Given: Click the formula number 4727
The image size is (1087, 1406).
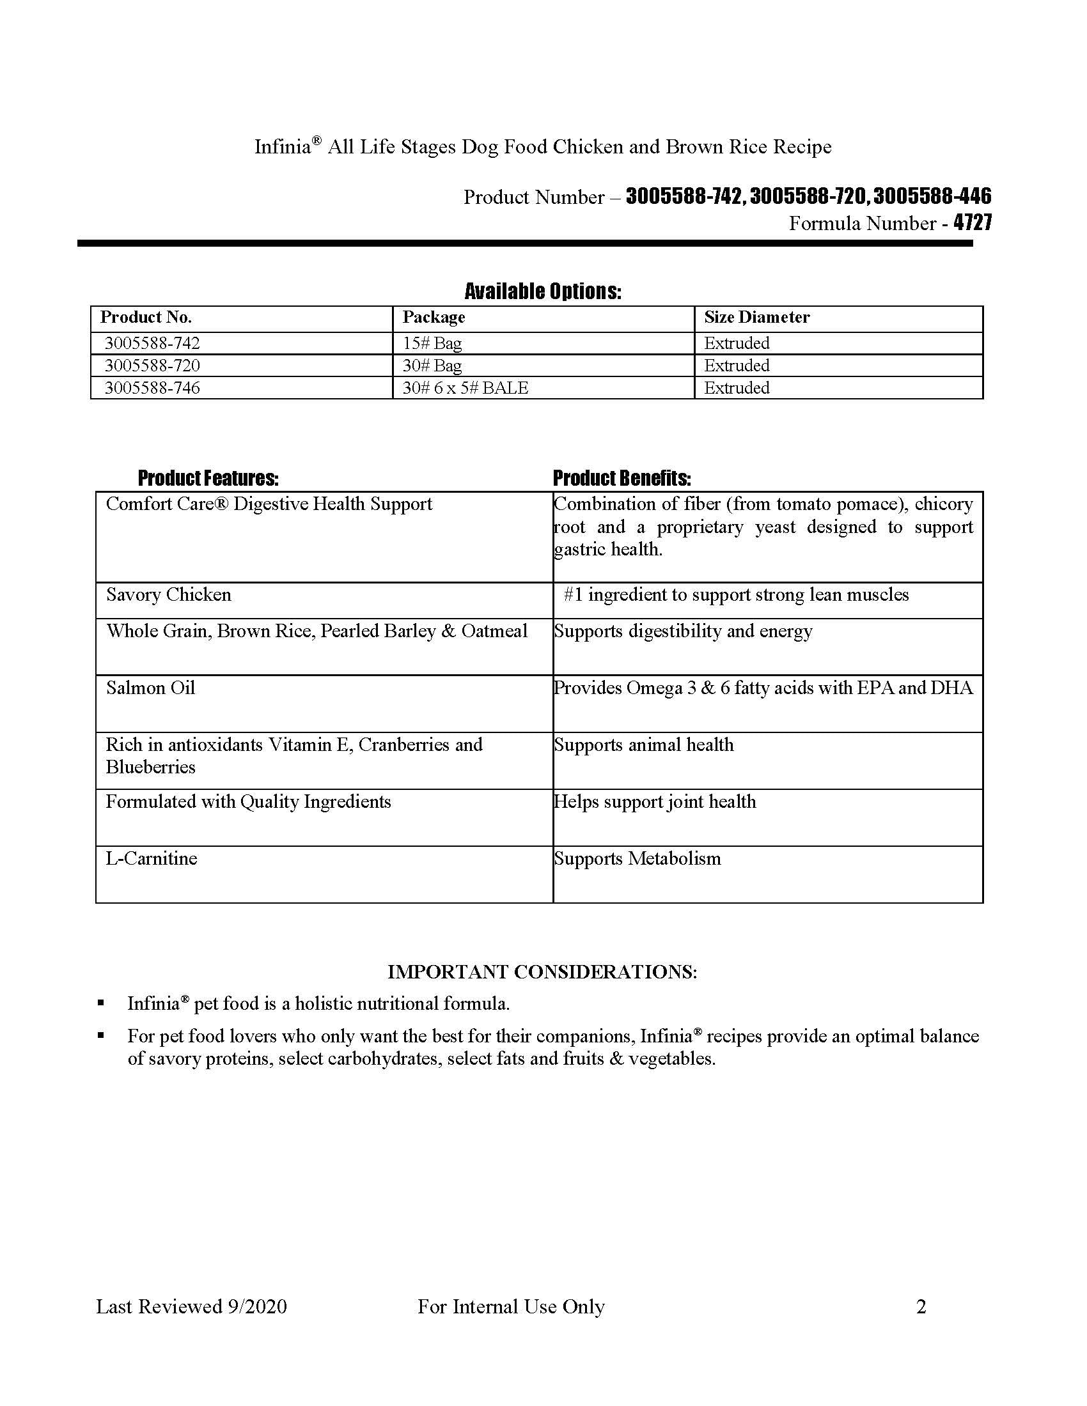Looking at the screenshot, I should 973,223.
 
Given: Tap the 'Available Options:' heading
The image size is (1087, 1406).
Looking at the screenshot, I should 543,291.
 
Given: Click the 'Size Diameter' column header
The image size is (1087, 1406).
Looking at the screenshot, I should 756,318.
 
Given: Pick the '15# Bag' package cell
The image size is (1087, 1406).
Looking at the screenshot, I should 432,343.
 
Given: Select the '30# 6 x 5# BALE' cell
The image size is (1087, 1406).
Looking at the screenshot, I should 465,388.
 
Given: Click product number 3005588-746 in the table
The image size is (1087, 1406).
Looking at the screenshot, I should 153,388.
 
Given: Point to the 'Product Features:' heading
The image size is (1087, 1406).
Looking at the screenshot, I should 208,478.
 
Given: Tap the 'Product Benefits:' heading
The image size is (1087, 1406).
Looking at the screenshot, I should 622,478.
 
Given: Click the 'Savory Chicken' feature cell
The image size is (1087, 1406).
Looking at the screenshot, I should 169,594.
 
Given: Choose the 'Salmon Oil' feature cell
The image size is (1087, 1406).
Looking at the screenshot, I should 151,688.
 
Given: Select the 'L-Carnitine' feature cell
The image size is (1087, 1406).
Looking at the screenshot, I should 152,859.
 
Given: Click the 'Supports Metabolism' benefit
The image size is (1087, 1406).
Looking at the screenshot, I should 637,859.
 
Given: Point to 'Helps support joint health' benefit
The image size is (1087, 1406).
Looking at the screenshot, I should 655,802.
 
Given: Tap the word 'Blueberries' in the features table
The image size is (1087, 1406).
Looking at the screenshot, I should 151,768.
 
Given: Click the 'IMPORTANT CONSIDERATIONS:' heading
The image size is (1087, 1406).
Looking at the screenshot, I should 542,972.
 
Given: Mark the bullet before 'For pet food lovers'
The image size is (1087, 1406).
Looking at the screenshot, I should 101,1036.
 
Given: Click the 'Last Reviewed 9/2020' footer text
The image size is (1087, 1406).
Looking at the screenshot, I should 191,1306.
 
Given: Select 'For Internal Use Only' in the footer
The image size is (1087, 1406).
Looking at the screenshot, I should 511,1306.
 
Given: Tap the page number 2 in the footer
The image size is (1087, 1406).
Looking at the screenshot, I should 921,1306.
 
